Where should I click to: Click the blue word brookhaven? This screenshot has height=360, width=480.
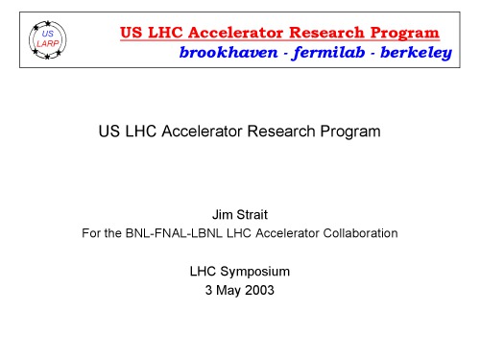[x=225, y=53]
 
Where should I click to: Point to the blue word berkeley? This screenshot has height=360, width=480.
[x=413, y=53]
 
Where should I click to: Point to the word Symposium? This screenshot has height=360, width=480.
[x=255, y=272]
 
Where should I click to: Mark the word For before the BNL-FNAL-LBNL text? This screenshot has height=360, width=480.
[x=92, y=233]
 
